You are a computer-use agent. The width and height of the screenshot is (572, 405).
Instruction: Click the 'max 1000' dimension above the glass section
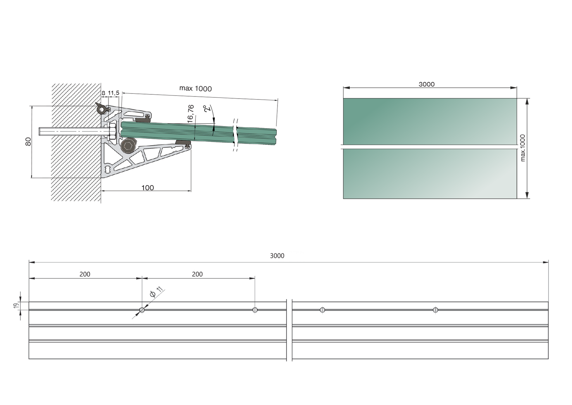point(195,89)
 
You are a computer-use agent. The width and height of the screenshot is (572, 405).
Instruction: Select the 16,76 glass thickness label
point(191,114)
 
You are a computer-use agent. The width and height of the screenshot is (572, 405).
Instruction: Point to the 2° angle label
point(207,109)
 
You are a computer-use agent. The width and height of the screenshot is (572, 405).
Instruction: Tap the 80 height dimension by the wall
point(28,141)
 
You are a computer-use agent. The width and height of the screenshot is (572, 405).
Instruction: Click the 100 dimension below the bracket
point(147,188)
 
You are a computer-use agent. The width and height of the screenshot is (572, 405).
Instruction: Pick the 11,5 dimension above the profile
point(113,93)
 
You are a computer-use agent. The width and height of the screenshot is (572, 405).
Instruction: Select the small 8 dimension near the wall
point(104,93)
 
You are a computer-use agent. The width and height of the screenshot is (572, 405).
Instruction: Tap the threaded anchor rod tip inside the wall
point(41,131)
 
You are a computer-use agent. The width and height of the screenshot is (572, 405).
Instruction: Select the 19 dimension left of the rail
point(16,306)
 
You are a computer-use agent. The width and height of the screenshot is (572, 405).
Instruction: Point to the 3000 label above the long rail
point(277,256)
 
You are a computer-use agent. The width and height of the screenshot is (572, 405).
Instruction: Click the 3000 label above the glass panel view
point(426,84)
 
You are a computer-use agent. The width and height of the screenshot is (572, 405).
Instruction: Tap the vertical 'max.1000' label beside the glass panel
point(523,148)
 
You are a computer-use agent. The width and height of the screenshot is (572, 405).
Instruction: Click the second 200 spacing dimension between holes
point(197,274)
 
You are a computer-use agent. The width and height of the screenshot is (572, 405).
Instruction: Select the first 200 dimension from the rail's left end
point(85,274)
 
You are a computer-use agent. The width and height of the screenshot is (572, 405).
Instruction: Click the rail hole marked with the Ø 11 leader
point(142,310)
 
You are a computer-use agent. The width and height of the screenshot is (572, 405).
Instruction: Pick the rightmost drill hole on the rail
point(435,310)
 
